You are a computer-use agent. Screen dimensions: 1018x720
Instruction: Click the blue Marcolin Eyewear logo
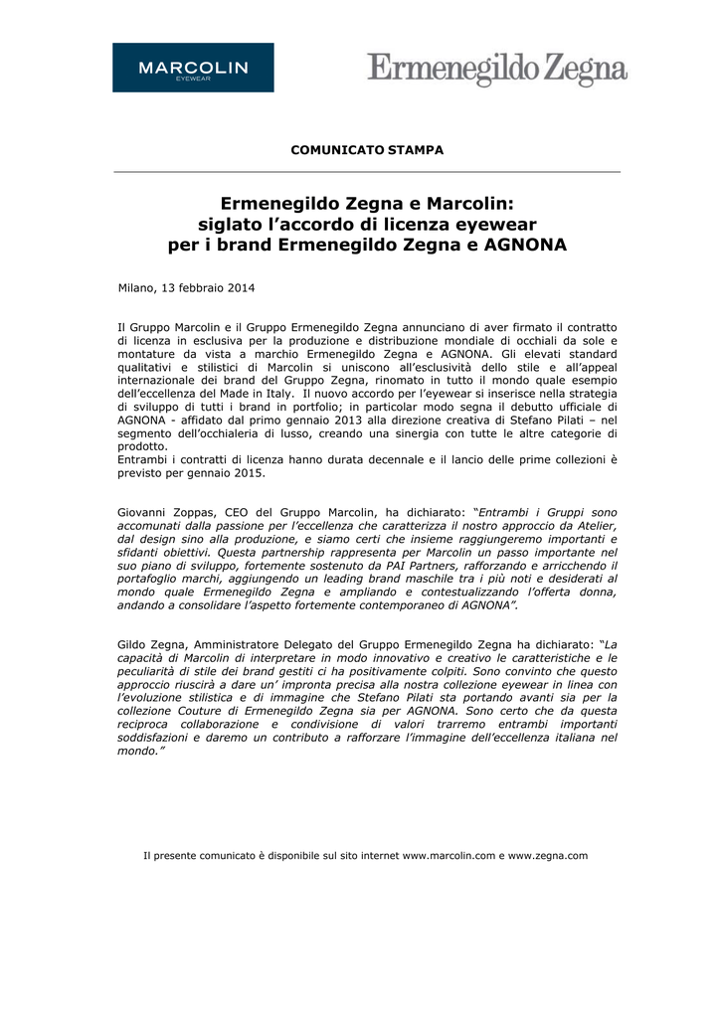[193, 68]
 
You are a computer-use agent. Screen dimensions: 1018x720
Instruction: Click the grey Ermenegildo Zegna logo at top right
[497, 70]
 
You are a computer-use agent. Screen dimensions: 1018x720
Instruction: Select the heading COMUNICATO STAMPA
[367, 150]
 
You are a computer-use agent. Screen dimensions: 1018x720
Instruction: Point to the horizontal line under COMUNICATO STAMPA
[367, 172]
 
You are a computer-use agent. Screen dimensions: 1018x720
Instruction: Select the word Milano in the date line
[136, 288]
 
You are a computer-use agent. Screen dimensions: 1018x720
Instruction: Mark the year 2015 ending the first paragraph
[250, 473]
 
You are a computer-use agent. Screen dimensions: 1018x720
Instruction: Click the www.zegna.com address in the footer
[548, 856]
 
